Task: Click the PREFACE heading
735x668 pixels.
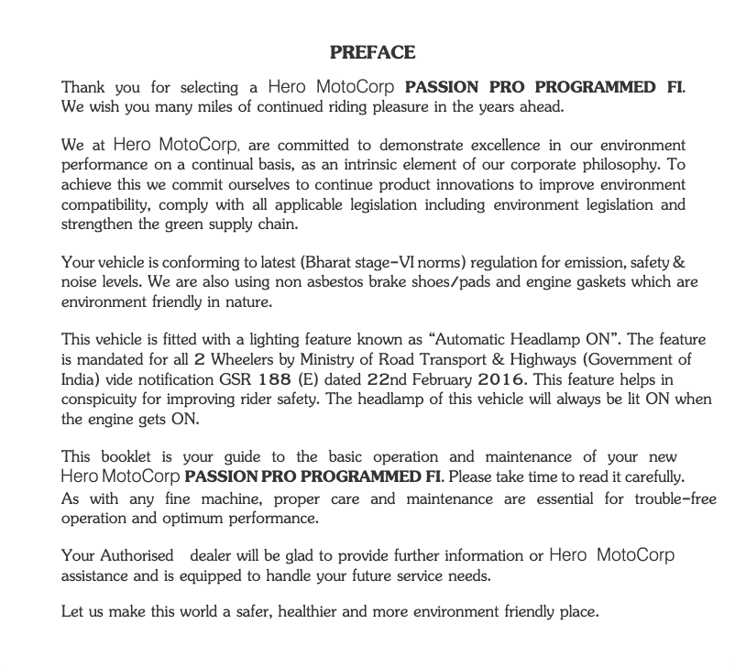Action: pyautogui.click(x=372, y=52)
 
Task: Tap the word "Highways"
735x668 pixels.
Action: pyautogui.click(x=540, y=359)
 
